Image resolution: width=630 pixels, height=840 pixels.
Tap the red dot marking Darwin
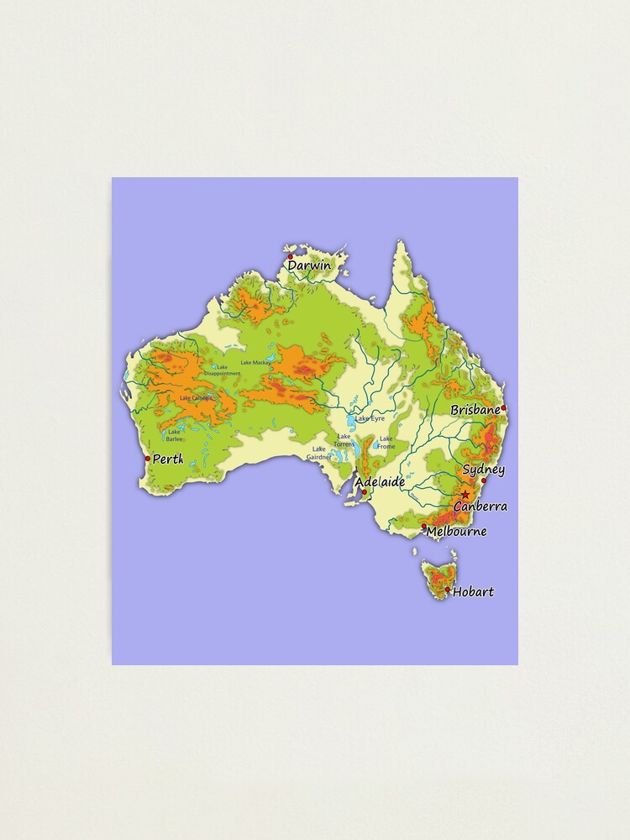291,257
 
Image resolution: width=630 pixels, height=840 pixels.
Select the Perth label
167,459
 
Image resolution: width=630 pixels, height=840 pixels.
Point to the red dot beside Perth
148,459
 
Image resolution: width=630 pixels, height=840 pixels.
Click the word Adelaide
380,482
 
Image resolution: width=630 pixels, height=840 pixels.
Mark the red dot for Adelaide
364,492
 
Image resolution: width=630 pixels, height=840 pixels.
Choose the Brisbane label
475,410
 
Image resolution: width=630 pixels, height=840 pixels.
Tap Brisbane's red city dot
504,409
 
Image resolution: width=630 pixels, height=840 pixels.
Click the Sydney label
483,470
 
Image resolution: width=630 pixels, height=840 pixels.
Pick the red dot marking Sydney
484,480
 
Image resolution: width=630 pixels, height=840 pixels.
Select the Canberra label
480,507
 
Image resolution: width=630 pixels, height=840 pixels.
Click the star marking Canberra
465,494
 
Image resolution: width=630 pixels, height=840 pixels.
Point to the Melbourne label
456,531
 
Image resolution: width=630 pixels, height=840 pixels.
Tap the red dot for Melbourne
424,527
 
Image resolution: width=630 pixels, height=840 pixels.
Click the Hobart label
473,592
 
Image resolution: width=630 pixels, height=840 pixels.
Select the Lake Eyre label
370,417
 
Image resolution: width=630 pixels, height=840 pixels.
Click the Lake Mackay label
256,363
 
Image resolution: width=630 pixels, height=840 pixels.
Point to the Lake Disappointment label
222,370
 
